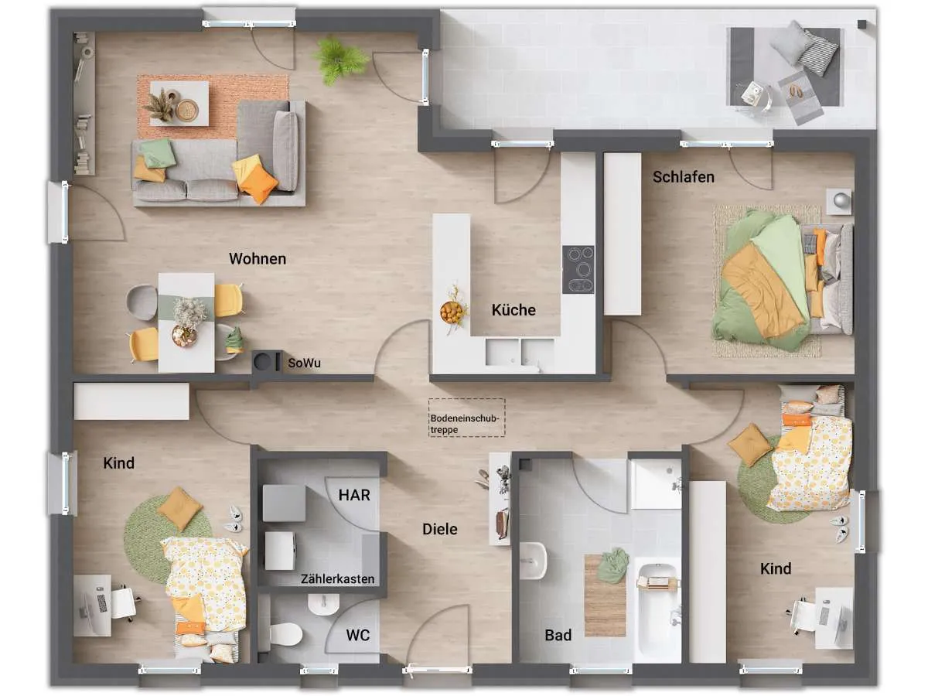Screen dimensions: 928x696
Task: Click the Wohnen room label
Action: (258, 258)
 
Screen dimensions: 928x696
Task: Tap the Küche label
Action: (513, 310)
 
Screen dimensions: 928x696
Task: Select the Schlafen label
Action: (684, 177)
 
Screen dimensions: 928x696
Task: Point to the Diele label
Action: (440, 529)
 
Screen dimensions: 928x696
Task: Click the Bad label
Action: (558, 635)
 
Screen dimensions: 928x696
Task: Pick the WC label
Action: (358, 635)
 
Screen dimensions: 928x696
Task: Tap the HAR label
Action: (354, 495)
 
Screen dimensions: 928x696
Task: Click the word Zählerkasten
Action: (337, 578)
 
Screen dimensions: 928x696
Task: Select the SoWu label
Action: (304, 363)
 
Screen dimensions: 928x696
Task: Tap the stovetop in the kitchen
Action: (578, 270)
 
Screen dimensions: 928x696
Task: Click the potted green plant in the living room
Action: (339, 60)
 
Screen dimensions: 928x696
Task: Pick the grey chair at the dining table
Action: (142, 302)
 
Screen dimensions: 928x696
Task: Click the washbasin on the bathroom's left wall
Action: (533, 561)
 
